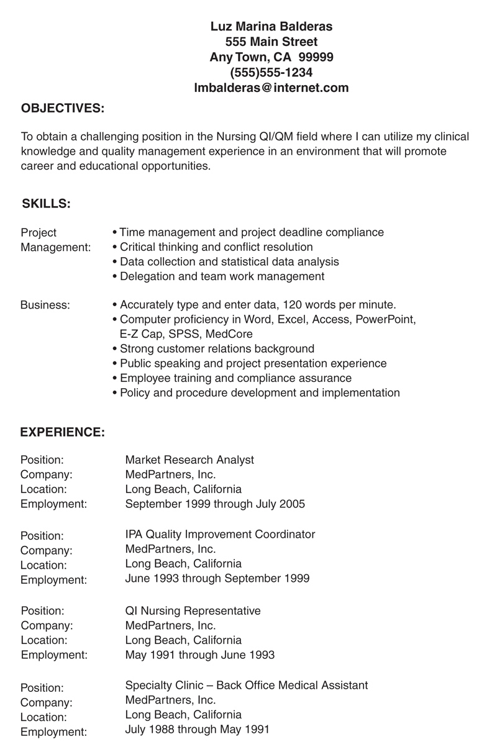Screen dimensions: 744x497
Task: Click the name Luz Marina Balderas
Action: tap(271, 27)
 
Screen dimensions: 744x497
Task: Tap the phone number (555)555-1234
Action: tap(271, 73)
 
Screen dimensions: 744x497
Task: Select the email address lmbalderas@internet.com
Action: tap(271, 88)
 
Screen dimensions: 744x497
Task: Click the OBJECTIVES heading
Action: tap(63, 109)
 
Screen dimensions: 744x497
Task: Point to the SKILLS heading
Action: tap(46, 203)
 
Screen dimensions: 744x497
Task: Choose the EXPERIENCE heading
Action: tap(62, 432)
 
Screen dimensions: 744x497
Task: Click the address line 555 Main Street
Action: tap(271, 42)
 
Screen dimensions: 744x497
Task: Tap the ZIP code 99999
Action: tap(316, 57)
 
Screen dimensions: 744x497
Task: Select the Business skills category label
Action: tap(45, 305)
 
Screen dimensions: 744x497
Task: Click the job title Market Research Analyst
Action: tap(189, 460)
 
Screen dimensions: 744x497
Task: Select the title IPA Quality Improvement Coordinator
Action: tap(220, 534)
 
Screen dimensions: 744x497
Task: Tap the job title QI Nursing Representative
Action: tap(193, 610)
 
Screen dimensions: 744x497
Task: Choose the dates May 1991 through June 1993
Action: tap(199, 655)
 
